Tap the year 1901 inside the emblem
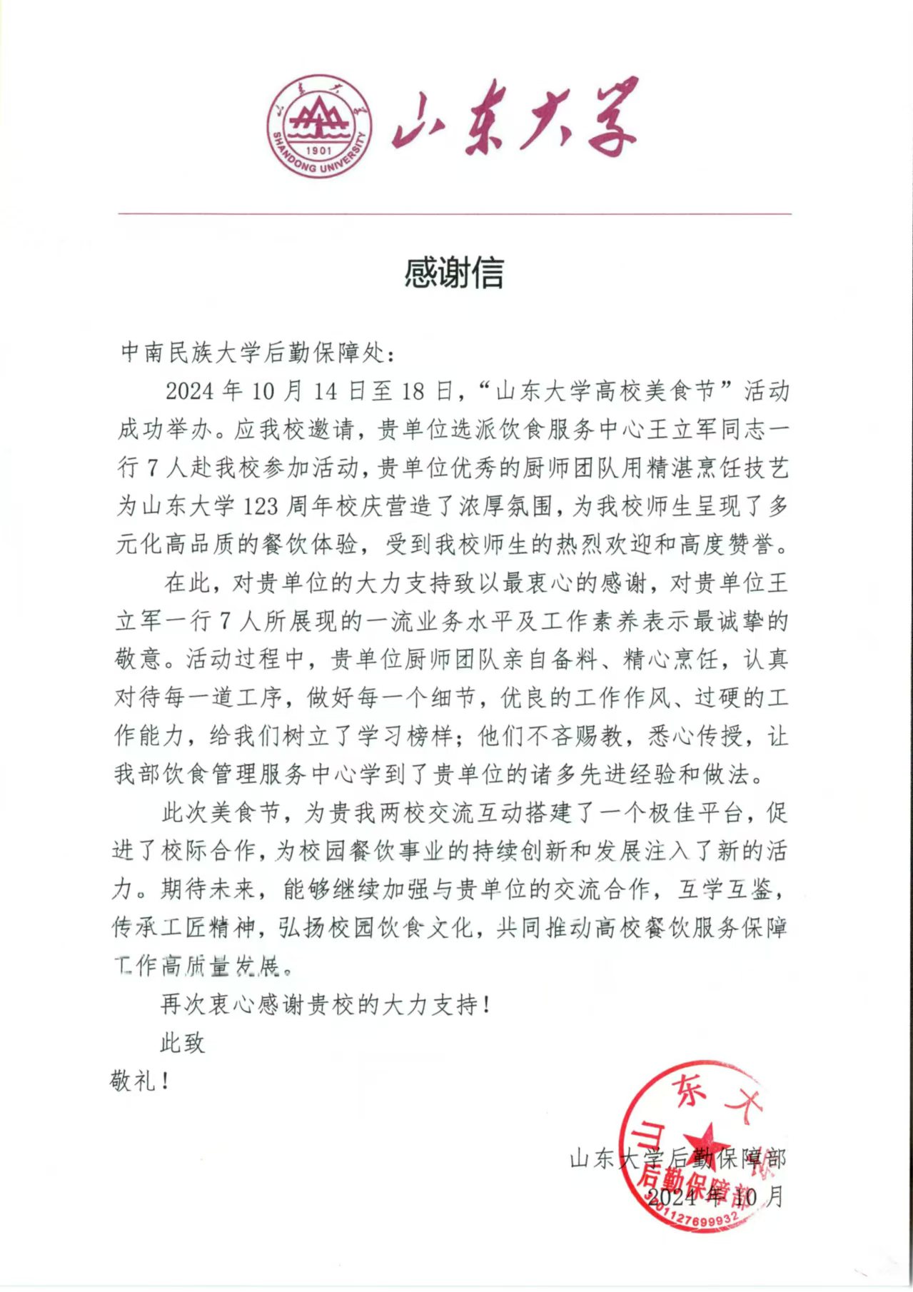318,151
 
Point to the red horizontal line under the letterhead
455,213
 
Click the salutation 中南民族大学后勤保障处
253,352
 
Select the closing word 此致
183,1043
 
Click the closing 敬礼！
140,1081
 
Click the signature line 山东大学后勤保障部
677,1158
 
